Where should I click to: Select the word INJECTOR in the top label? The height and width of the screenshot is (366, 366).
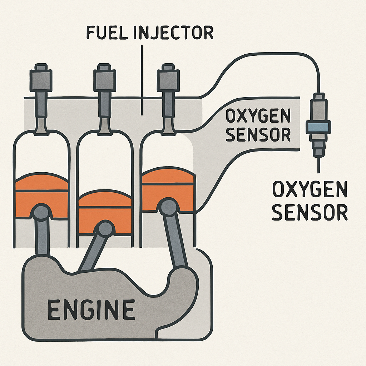point(173,33)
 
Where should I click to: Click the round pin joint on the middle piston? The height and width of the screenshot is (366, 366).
point(105,228)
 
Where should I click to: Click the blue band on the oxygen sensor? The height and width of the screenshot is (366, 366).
point(317,127)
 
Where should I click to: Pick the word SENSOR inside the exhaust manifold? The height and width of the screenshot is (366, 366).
point(258,135)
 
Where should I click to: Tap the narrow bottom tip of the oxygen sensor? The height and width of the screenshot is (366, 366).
point(317,153)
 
